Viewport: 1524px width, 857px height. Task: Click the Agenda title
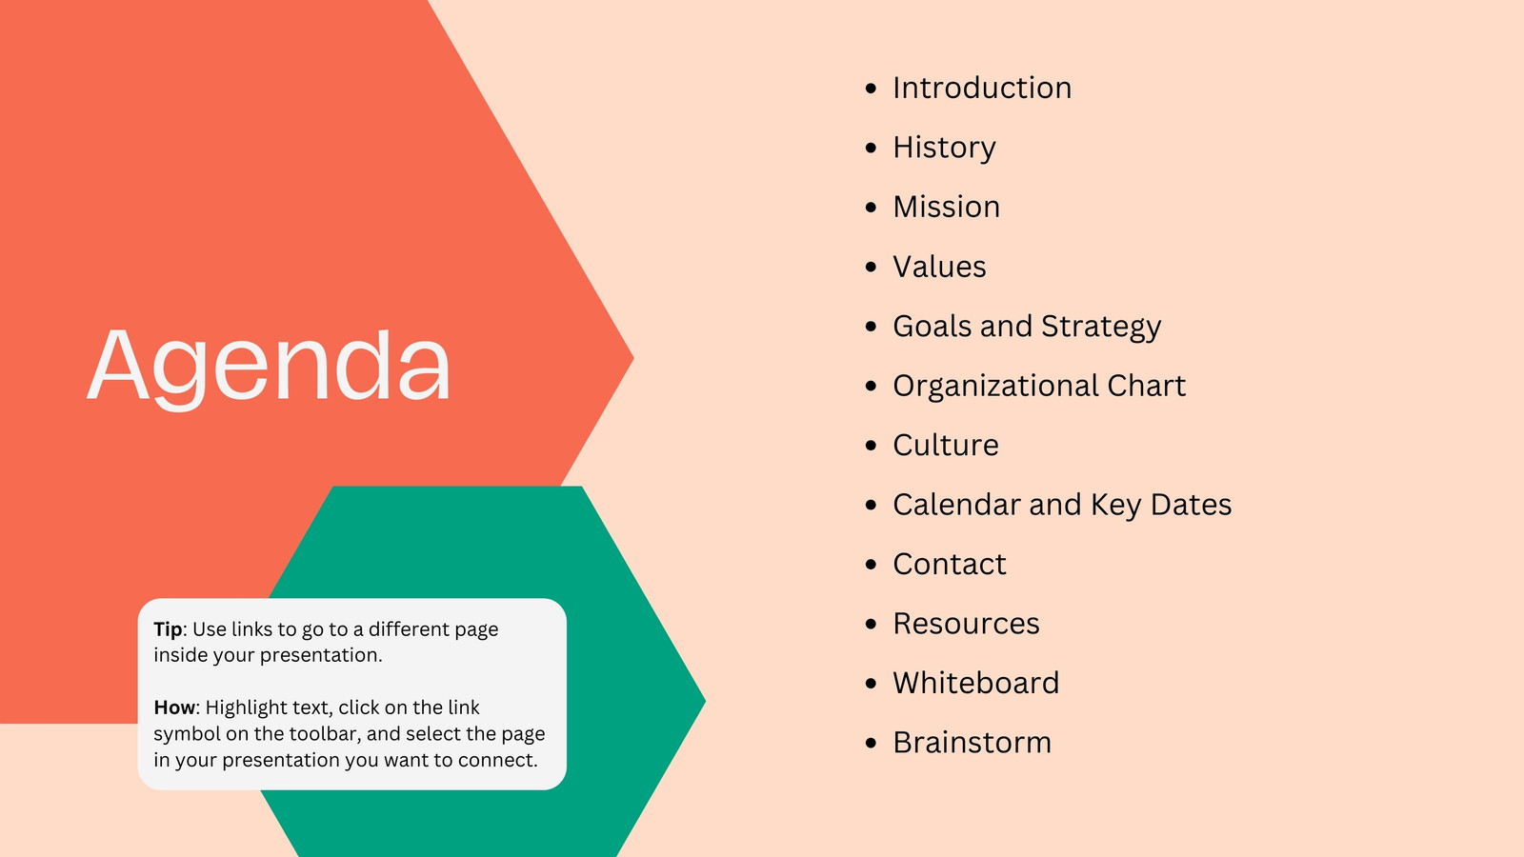point(269,368)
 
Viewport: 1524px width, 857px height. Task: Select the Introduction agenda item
point(982,88)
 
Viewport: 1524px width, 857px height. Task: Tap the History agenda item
point(944,148)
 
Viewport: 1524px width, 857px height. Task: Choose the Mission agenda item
point(947,207)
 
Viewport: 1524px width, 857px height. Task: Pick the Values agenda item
point(939,267)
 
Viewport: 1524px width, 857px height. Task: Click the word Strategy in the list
point(1101,328)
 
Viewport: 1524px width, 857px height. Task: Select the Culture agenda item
point(946,445)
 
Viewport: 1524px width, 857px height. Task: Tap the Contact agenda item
point(949,564)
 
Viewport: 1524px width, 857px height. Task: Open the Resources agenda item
point(966,624)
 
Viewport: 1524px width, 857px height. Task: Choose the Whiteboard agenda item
point(976,683)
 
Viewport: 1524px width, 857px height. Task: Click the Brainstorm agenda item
point(973,743)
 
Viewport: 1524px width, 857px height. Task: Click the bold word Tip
point(168,629)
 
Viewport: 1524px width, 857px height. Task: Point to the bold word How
point(174,708)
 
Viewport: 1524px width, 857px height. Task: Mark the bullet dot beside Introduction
point(871,89)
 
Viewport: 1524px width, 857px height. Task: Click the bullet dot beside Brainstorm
point(871,743)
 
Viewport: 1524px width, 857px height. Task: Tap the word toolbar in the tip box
point(324,734)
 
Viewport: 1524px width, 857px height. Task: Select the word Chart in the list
point(1147,386)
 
